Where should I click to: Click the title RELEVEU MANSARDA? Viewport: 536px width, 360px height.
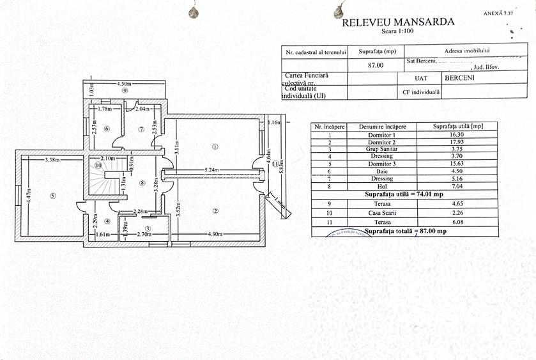[398, 22]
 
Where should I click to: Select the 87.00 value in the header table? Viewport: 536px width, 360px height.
[377, 65]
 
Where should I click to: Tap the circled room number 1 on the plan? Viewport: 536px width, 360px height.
[215, 146]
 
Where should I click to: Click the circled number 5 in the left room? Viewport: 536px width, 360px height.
[53, 196]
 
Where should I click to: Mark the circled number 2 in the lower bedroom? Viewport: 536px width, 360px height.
[215, 211]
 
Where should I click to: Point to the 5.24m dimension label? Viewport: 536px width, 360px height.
[212, 170]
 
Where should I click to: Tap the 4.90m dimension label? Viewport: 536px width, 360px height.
[215, 235]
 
